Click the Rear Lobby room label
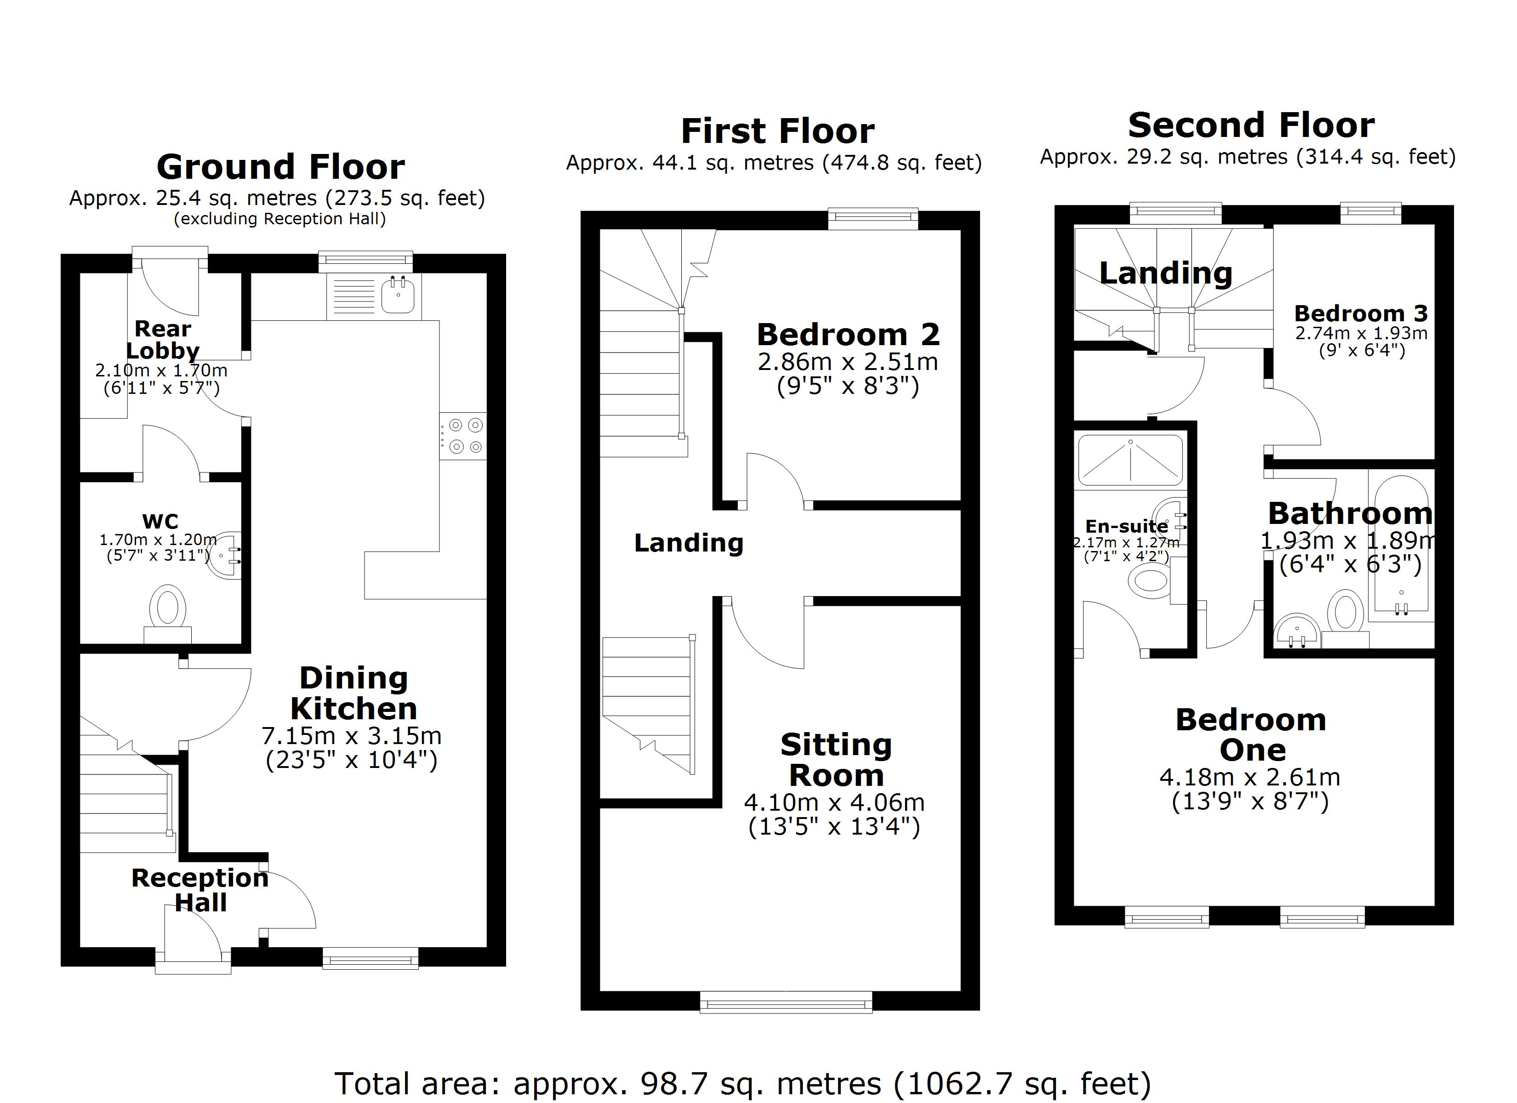[x=163, y=340]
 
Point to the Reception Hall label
[x=200, y=890]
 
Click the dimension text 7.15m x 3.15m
[x=351, y=736]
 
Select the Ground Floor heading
[x=280, y=166]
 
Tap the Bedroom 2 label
[x=848, y=335]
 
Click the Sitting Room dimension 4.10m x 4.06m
[x=834, y=802]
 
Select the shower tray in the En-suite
[x=1130, y=460]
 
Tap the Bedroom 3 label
[x=1361, y=313]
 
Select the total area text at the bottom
[x=742, y=1084]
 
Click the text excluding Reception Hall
[x=279, y=219]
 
